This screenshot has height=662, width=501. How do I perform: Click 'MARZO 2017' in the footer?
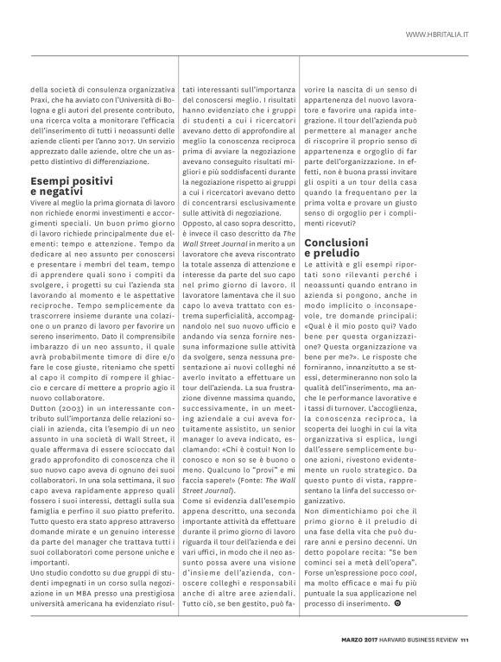click(354, 640)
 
